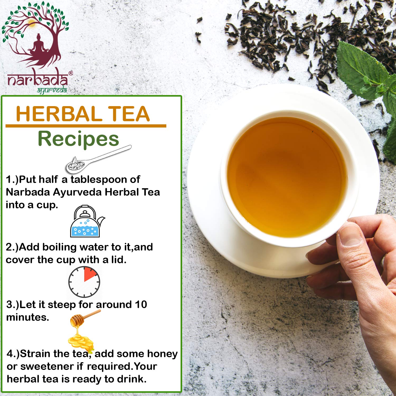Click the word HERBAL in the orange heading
click(58, 114)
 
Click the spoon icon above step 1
click(98, 159)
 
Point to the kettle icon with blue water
click(87, 221)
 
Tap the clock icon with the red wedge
click(84, 282)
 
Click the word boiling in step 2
click(59, 247)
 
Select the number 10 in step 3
click(141, 304)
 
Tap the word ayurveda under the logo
click(52, 91)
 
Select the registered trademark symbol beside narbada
click(70, 73)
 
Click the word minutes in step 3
click(27, 317)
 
